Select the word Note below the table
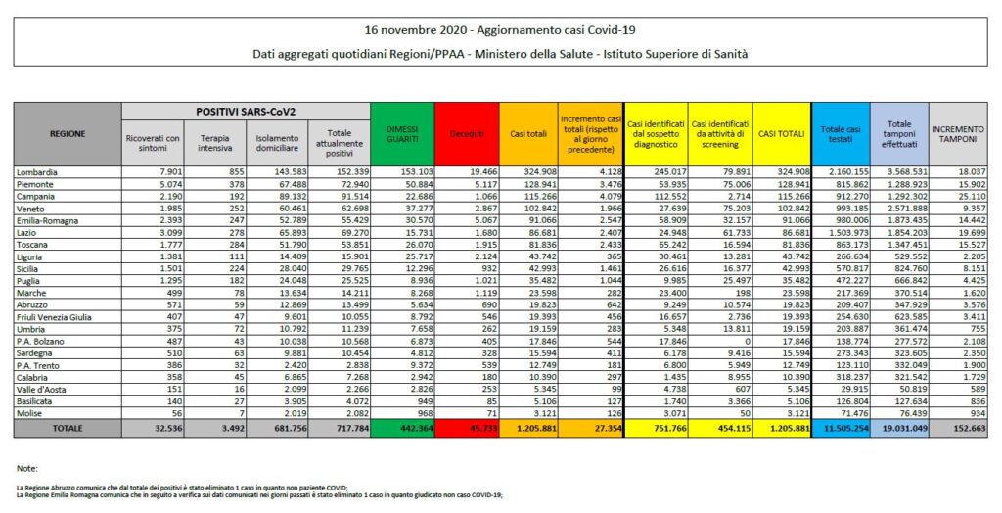28,467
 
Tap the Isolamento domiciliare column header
273,141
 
